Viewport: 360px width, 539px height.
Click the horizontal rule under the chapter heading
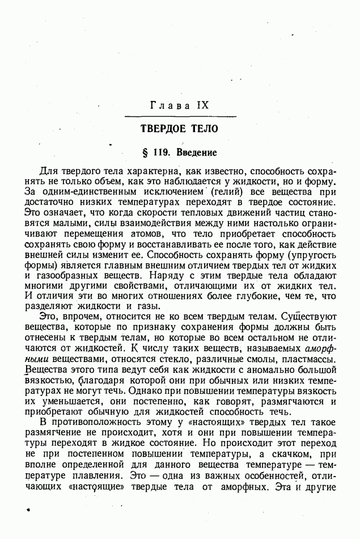pyautogui.click(x=179, y=116)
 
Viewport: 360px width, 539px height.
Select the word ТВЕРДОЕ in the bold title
pyautogui.click(x=162, y=129)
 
